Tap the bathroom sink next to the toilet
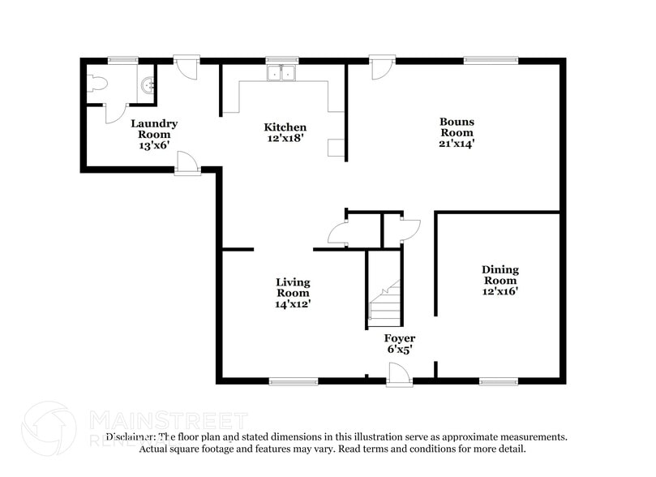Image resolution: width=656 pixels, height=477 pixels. pyautogui.click(x=147, y=85)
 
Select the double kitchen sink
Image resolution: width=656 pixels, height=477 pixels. pyautogui.click(x=282, y=74)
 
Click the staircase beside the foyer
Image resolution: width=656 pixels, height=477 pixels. pyautogui.click(x=385, y=304)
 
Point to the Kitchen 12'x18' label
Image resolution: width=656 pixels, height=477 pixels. pyautogui.click(x=285, y=133)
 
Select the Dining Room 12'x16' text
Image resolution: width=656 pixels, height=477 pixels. pyautogui.click(x=500, y=280)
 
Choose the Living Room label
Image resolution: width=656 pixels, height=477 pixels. pyautogui.click(x=293, y=293)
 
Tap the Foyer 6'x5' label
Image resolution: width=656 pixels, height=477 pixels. pyautogui.click(x=400, y=344)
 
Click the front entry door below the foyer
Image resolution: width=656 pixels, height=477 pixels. pyautogui.click(x=399, y=376)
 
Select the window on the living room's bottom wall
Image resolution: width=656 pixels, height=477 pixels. pyautogui.click(x=294, y=380)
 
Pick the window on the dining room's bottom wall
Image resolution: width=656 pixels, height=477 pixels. pyautogui.click(x=498, y=380)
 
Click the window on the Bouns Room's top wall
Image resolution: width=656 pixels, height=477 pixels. pyautogui.click(x=491, y=59)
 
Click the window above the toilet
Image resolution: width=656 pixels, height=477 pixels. pyautogui.click(x=122, y=59)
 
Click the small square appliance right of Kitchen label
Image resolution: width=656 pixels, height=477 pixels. pyautogui.click(x=335, y=147)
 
